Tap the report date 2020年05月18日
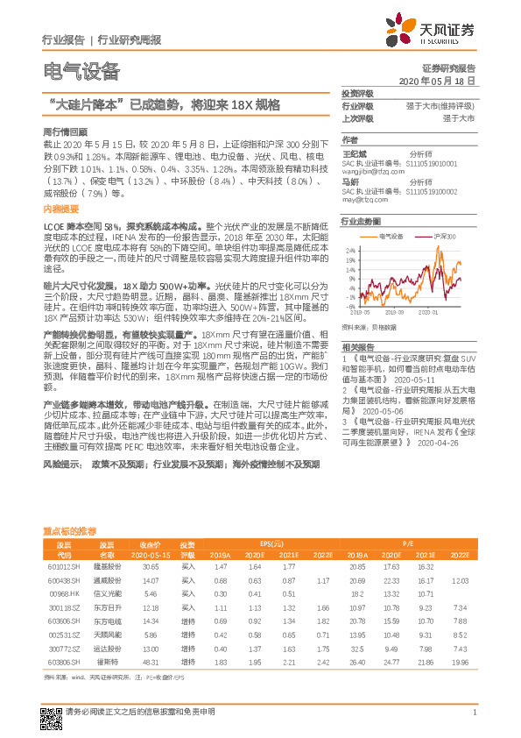pyautogui.click(x=437, y=80)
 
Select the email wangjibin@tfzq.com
pyautogui.click(x=372, y=172)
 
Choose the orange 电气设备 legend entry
pyautogui.click(x=388, y=237)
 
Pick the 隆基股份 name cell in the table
pyautogui.click(x=106, y=568)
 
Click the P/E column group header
pyautogui.click(x=408, y=543)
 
